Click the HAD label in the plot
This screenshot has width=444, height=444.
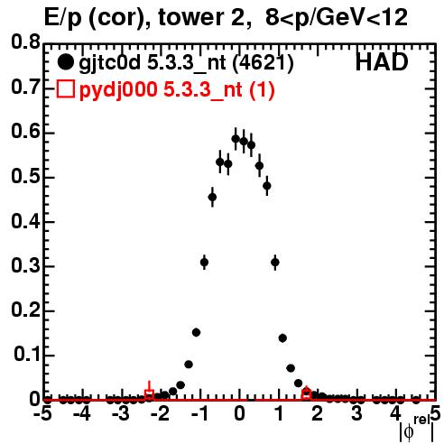click(x=382, y=62)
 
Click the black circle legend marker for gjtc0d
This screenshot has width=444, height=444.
click(x=65, y=62)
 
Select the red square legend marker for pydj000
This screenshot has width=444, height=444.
click(x=65, y=89)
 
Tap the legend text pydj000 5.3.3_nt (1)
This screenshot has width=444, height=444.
click(x=177, y=89)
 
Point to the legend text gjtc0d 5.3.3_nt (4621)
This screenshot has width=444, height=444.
click(x=186, y=63)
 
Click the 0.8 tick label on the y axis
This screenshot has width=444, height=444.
click(x=26, y=42)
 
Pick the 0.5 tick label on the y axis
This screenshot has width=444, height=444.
click(x=26, y=176)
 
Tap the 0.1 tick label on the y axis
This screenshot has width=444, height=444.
click(x=27, y=354)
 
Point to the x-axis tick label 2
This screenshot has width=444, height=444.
click(x=318, y=413)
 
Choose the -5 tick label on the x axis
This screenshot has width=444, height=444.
click(x=44, y=413)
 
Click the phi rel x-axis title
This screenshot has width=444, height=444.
click(x=417, y=429)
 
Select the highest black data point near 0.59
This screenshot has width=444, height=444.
click(x=236, y=139)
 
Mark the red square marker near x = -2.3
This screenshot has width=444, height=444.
click(x=149, y=394)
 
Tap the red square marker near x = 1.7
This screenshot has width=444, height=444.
click(x=306, y=394)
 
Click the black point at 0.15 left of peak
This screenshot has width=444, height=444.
click(x=196, y=332)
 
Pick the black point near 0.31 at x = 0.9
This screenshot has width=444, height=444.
click(x=275, y=263)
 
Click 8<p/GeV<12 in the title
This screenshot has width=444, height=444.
click(x=337, y=17)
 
